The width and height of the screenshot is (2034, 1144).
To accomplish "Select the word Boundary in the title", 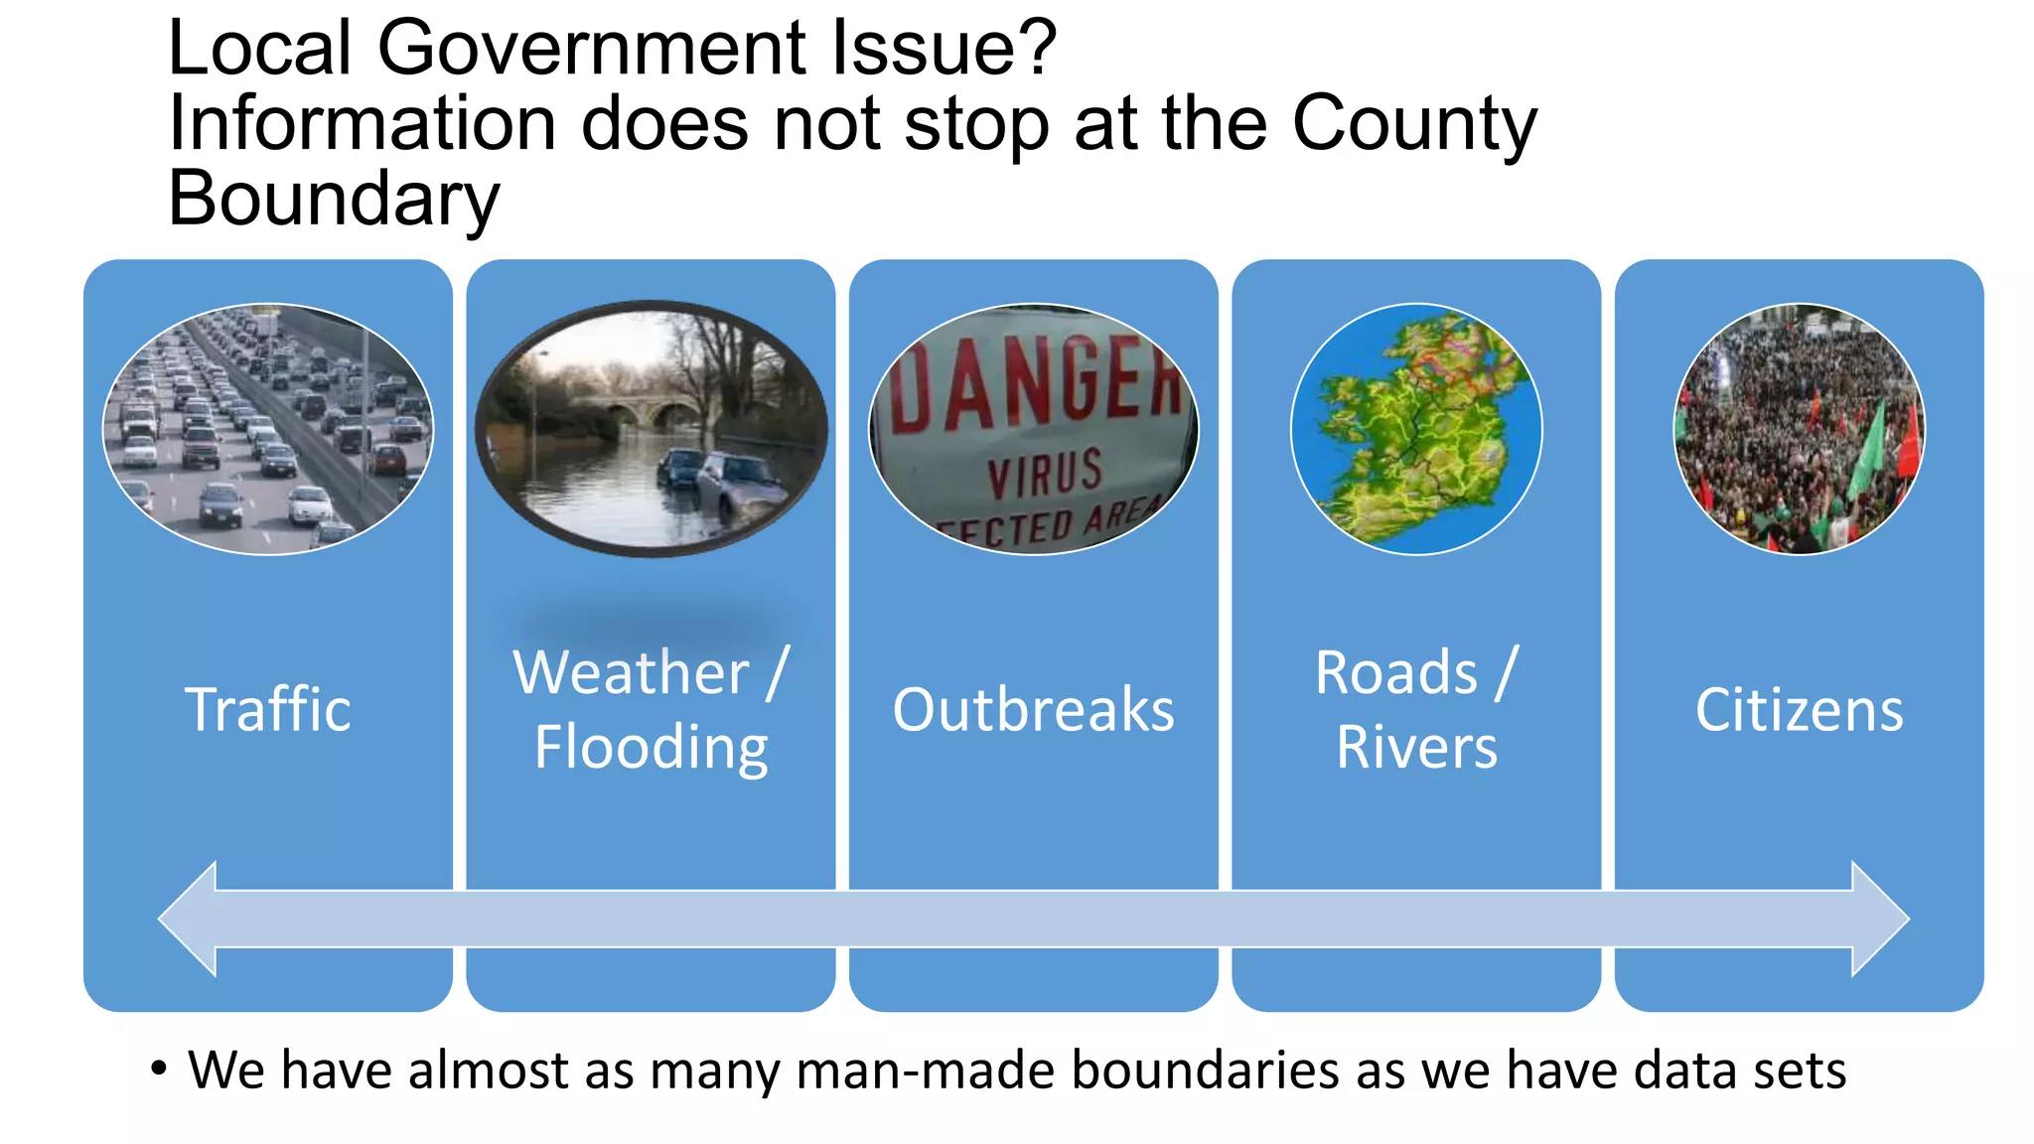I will pyautogui.click(x=334, y=199).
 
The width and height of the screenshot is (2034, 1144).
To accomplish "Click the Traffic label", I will pyautogui.click(x=268, y=710).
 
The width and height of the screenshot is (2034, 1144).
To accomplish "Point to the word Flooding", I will pyautogui.click(x=652, y=748).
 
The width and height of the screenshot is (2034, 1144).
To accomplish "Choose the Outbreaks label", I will pyautogui.click(x=1033, y=710).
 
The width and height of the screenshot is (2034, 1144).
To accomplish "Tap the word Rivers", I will pyautogui.click(x=1416, y=748).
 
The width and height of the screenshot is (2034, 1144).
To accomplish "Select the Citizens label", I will pyautogui.click(x=1799, y=710).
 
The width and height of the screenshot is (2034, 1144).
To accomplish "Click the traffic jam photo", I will pyautogui.click(x=268, y=429).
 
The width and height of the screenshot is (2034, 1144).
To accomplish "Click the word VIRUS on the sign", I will pyautogui.click(x=1045, y=473).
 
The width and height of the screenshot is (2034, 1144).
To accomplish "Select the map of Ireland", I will pyautogui.click(x=1416, y=429).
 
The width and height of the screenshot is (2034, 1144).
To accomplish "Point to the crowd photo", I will pyautogui.click(x=1799, y=429).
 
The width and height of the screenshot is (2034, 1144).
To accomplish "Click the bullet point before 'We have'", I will pyautogui.click(x=159, y=1070).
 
